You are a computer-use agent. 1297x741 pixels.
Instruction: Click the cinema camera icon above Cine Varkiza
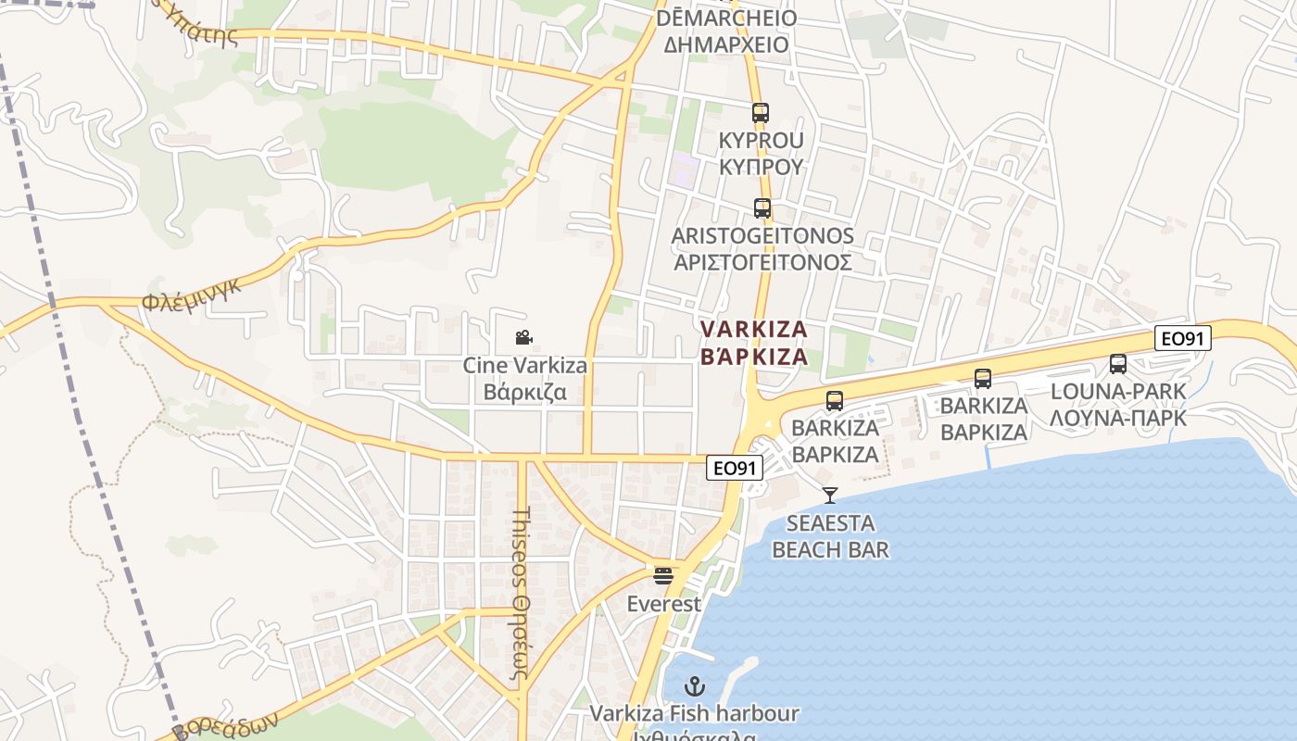[x=524, y=338]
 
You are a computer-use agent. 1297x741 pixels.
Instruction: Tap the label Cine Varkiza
[x=524, y=366]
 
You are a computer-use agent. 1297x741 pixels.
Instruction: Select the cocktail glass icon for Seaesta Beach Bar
[x=830, y=496]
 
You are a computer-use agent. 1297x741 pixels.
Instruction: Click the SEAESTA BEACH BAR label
[x=830, y=536]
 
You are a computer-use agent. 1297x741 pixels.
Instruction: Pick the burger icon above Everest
[x=663, y=576]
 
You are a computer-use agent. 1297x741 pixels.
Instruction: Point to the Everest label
[x=663, y=604]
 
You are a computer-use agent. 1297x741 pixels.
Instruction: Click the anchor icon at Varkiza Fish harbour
[x=694, y=686]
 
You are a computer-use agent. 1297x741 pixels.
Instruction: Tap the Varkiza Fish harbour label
[x=694, y=714]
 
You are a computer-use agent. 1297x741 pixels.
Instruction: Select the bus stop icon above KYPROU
[x=761, y=113]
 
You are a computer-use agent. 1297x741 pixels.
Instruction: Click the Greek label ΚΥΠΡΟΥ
[x=761, y=167]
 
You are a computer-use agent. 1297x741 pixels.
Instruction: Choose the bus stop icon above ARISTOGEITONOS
[x=762, y=208]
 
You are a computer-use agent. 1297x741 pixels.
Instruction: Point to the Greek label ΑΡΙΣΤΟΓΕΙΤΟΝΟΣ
[x=762, y=262]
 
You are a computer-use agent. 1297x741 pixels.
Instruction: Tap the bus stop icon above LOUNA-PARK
[x=1118, y=364]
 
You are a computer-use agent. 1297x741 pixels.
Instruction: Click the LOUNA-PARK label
[x=1118, y=392]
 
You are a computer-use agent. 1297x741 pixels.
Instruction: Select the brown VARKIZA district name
[x=754, y=330]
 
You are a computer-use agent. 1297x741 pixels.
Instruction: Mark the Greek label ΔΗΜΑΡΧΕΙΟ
[x=725, y=44]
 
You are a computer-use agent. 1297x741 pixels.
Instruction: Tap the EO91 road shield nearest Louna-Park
[x=1183, y=339]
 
